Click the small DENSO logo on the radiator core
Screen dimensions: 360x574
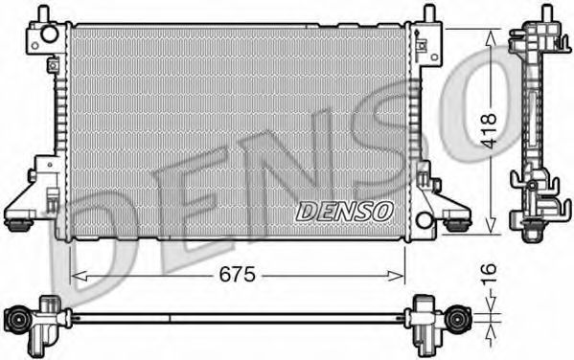pos(343,210)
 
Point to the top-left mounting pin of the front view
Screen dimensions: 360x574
pos(43,12)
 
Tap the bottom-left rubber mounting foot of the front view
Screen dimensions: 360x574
pos(17,225)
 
